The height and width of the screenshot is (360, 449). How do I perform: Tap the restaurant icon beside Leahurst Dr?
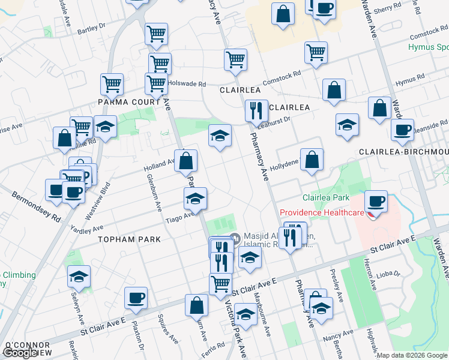[256, 110]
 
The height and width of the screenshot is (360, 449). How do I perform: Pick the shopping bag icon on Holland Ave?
[186, 160]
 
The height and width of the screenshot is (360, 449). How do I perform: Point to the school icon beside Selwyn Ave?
[79, 276]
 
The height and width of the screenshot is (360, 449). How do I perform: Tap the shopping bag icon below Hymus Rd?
[334, 90]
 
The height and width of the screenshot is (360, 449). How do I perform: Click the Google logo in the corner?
[20, 353]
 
